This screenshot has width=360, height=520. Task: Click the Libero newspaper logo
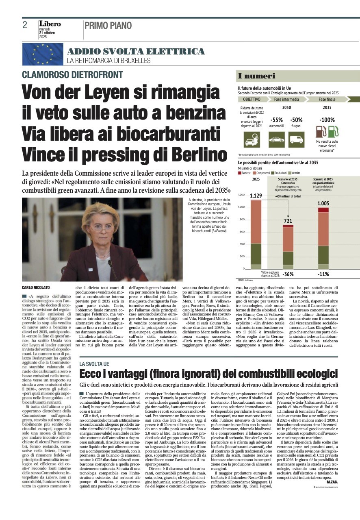coord(50,24)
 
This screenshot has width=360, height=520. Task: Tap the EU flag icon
coord(43,54)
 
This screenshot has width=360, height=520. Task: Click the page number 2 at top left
coord(25,26)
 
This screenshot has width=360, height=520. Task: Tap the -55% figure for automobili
coord(276,120)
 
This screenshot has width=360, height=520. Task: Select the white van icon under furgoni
coord(296,139)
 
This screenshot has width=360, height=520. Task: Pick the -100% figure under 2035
coord(327,120)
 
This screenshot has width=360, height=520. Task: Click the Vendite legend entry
coord(295,173)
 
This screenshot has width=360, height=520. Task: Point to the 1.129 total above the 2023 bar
coord(256,196)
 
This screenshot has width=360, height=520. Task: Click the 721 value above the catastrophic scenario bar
coord(288,220)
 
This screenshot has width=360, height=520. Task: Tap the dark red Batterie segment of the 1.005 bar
coord(323,210)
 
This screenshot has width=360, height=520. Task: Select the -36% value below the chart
coord(288,274)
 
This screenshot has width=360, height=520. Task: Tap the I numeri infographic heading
coord(257,76)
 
